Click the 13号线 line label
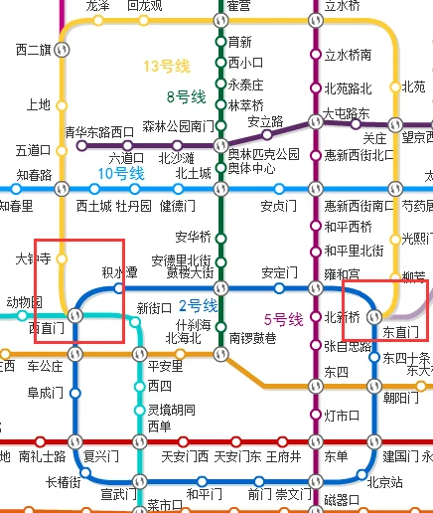[x=166, y=67]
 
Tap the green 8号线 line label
[x=185, y=96]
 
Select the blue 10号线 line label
[x=121, y=173]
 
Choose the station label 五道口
[x=33, y=151]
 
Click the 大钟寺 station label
[x=33, y=259]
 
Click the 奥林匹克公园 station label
[x=263, y=154]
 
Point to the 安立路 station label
[x=265, y=122]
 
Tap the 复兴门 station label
[x=101, y=456]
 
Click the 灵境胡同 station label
[x=166, y=409]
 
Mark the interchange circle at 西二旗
[x=65, y=49]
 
